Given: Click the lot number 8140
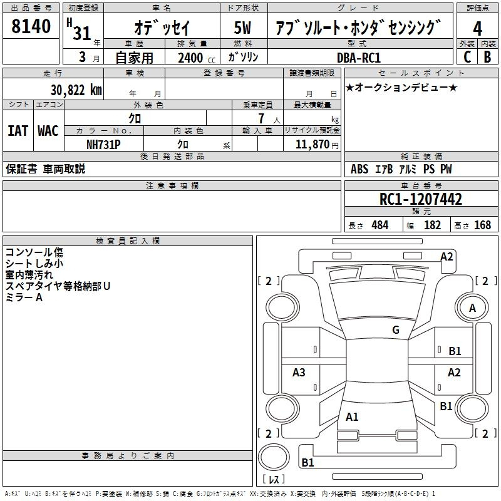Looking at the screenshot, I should [31, 26].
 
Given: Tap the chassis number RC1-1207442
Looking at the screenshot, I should [421, 199].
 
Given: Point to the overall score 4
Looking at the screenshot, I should [478, 28].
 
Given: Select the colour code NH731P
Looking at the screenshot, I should [103, 143].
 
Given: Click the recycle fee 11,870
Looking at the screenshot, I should [311, 143].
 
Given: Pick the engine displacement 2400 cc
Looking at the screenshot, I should [190, 58].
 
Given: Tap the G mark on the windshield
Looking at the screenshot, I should [395, 330].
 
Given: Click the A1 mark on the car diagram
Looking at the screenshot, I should [352, 416].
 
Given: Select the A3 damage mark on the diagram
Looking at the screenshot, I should [299, 373].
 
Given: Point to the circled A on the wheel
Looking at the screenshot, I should [472, 307].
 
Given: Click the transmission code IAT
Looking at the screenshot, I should [18, 131].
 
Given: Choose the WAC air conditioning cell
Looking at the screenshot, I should [48, 131].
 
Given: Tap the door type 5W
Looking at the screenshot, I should [243, 28].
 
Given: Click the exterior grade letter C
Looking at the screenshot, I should [467, 57].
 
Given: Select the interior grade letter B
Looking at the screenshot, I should [487, 57].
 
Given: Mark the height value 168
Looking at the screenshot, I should [482, 225].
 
